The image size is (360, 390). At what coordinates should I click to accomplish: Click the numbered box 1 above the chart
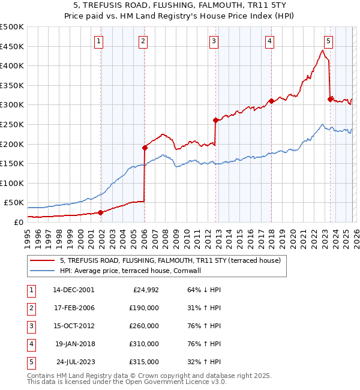click(x=98, y=41)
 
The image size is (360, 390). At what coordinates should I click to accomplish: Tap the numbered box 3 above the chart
click(x=214, y=41)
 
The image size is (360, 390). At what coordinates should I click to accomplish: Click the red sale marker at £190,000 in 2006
click(x=145, y=147)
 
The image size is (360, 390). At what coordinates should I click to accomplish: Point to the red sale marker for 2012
click(x=215, y=120)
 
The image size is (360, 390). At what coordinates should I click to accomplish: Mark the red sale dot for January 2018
click(x=271, y=101)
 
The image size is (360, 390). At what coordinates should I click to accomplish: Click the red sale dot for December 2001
click(x=100, y=212)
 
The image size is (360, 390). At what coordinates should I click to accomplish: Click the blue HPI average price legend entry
click(x=130, y=271)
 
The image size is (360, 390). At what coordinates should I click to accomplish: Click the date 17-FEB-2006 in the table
click(x=74, y=308)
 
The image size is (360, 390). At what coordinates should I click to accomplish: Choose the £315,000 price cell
click(x=144, y=362)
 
